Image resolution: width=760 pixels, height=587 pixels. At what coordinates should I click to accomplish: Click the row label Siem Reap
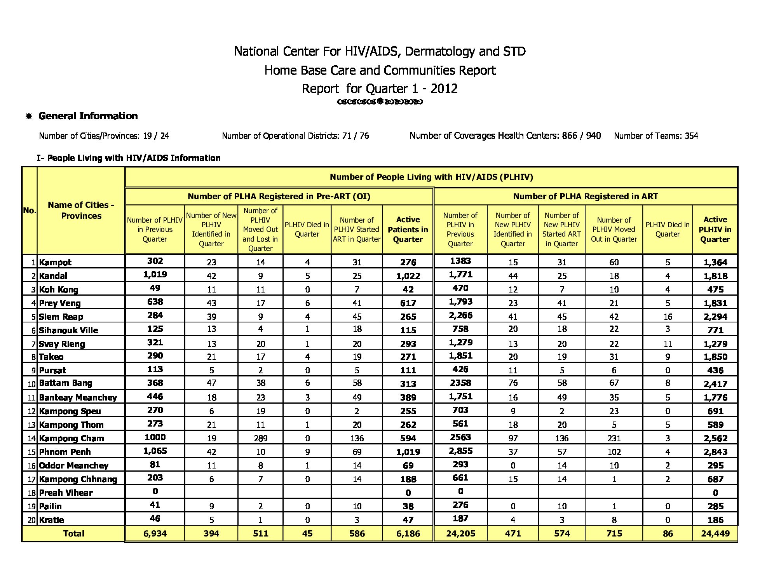tap(61, 317)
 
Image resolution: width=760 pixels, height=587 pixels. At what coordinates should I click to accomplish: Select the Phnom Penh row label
tap(65, 452)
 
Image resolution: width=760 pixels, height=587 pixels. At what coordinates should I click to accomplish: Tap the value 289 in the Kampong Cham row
tap(260, 438)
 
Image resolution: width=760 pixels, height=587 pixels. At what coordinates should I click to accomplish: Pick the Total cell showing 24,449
tap(715, 533)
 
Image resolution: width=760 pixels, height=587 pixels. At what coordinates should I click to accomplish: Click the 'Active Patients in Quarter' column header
tap(408, 230)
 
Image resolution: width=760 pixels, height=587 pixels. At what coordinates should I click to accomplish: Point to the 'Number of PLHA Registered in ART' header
tap(585, 197)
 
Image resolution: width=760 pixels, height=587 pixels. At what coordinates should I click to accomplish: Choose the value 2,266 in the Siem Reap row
tap(460, 315)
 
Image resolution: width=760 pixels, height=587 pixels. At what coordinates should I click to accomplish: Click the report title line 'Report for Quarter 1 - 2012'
tap(380, 89)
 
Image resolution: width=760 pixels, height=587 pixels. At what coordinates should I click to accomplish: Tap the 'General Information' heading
tap(88, 116)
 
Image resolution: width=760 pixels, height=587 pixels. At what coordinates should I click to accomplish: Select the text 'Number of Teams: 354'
tap(656, 136)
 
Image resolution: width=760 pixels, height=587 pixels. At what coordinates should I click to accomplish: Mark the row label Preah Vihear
tap(66, 493)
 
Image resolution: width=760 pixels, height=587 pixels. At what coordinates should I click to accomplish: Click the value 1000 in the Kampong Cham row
tap(155, 437)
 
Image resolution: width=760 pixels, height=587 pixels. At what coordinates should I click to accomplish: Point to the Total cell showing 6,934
tap(155, 533)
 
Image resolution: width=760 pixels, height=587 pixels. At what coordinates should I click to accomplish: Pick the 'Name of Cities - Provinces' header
tap(81, 210)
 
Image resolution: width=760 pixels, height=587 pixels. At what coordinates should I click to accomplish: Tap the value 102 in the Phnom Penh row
tap(614, 452)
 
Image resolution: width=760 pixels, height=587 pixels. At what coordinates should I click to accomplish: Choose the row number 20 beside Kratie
tap(31, 520)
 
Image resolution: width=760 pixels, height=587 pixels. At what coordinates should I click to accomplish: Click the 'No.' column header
tap(30, 210)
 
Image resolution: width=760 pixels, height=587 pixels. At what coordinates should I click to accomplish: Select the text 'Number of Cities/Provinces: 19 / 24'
tap(104, 136)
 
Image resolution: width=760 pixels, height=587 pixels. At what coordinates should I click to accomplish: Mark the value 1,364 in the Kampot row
tap(715, 262)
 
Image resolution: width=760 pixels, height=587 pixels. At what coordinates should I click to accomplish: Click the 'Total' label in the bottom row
tap(73, 533)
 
